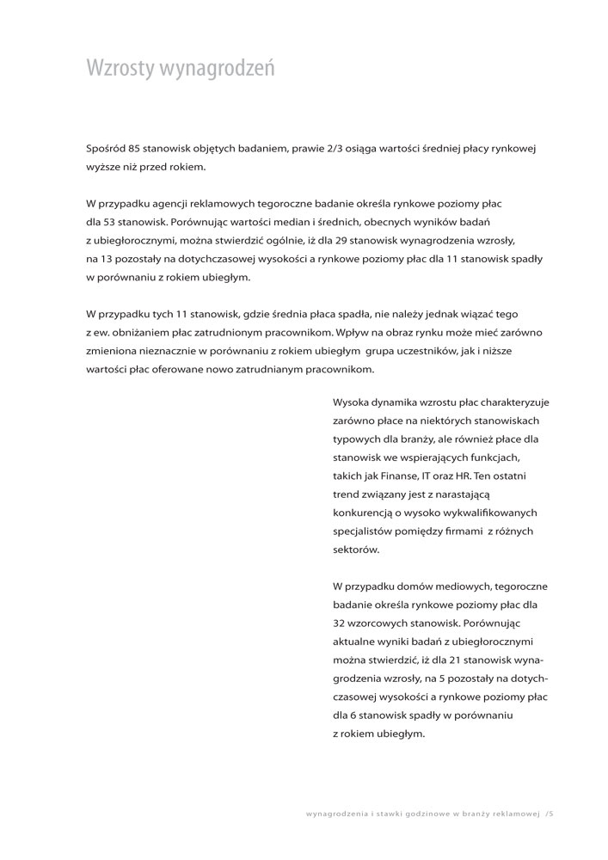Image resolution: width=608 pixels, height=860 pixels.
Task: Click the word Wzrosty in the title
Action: click(119, 69)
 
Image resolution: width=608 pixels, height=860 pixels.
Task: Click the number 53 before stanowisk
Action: click(110, 223)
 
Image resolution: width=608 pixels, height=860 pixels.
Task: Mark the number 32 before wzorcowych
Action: click(340, 623)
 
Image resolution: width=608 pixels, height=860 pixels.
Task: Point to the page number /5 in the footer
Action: click(550, 813)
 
